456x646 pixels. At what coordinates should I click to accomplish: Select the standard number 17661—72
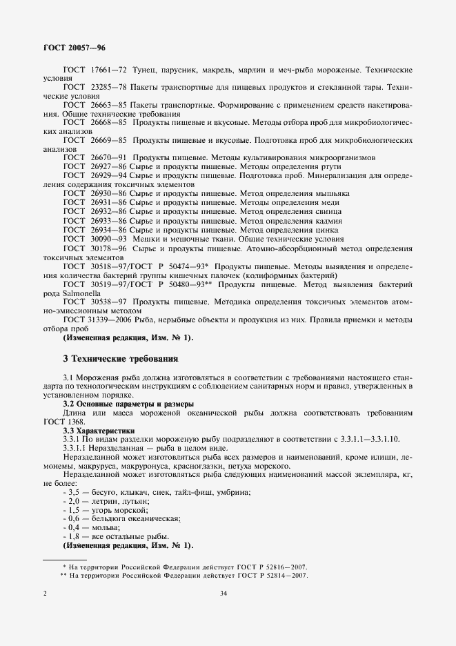pos(102,70)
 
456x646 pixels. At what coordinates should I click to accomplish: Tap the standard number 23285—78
pos(102,88)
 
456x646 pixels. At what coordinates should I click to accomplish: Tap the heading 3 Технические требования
pos(120,359)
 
